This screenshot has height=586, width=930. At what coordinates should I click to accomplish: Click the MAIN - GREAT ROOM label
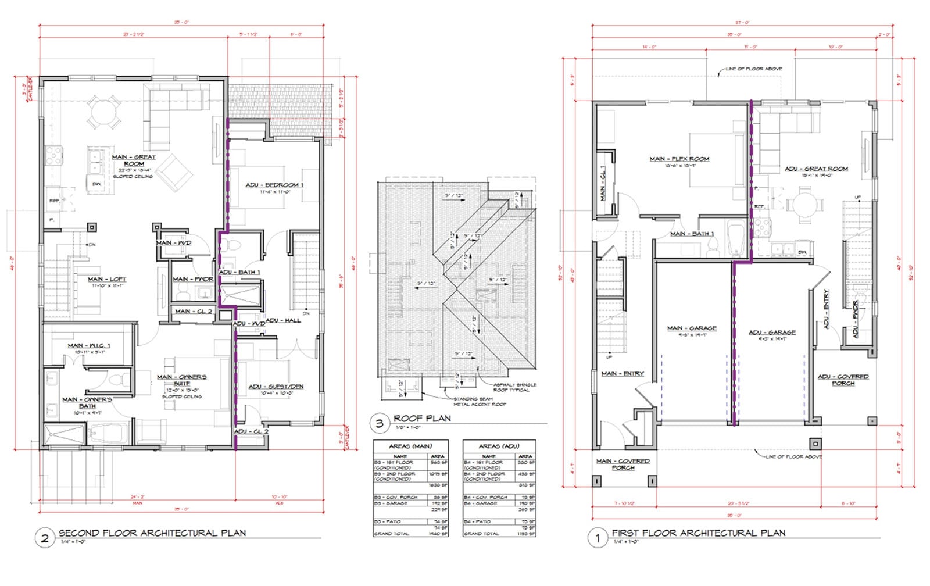[x=134, y=160]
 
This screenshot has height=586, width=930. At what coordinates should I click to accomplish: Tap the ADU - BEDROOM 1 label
[x=274, y=185]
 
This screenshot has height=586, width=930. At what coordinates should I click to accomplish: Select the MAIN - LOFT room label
[x=106, y=279]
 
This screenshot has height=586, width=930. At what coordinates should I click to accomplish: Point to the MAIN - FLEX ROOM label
[x=679, y=159]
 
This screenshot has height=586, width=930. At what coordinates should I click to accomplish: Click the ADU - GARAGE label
[x=772, y=333]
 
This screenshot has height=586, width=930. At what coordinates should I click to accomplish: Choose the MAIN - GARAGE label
[x=692, y=328]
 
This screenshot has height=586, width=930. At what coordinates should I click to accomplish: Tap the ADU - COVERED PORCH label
[x=843, y=380]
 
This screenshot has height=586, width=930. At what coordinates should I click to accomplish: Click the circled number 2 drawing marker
[x=45, y=538]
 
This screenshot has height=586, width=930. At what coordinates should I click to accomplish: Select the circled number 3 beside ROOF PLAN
[x=380, y=423]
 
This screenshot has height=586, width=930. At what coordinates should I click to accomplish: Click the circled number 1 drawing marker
[x=597, y=538]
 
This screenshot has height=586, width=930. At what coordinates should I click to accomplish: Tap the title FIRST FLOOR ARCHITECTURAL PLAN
[x=698, y=533]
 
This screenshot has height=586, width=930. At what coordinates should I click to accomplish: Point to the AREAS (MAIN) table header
[x=410, y=446]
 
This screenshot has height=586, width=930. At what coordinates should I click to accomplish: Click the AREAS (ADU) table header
[x=499, y=446]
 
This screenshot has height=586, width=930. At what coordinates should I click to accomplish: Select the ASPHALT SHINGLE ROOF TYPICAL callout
[x=514, y=387]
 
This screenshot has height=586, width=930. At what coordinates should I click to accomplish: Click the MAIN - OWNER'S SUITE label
[x=181, y=380]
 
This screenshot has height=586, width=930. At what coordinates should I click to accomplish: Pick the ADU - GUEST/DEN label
[x=276, y=387]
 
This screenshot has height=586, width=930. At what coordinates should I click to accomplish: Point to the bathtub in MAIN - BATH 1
[x=736, y=238]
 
